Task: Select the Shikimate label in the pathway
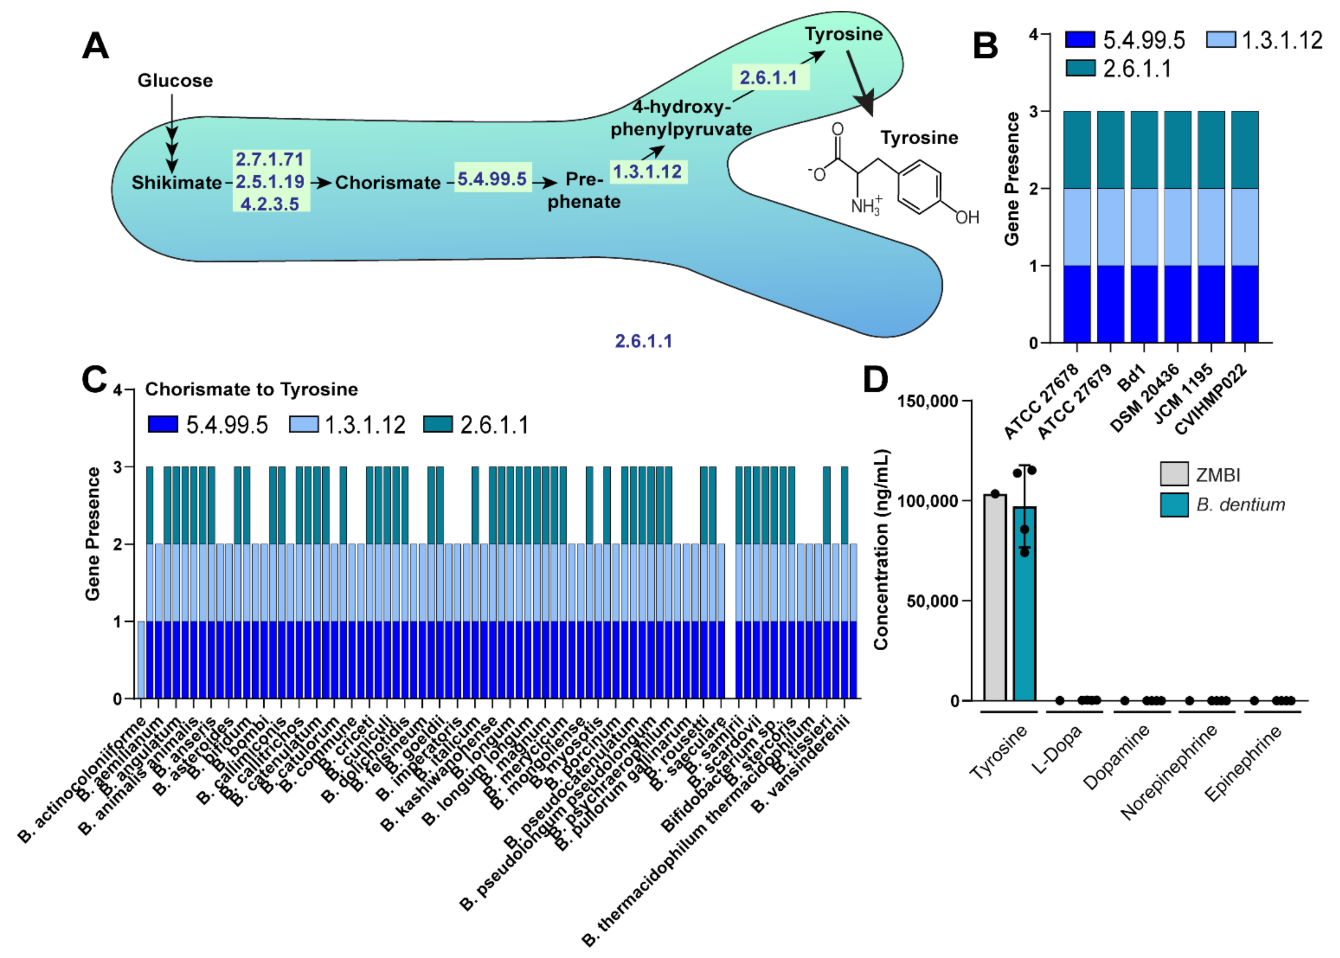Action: click(x=176, y=182)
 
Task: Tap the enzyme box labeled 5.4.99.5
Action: click(x=493, y=178)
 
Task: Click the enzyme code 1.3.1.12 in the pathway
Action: click(x=648, y=172)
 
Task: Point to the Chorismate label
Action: click(x=387, y=182)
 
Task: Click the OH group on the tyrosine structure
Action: click(x=967, y=218)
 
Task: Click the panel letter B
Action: click(x=985, y=46)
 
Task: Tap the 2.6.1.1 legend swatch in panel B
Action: click(x=1081, y=69)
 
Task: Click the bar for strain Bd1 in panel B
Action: click(x=1144, y=227)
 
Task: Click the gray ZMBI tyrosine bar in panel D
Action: click(x=995, y=597)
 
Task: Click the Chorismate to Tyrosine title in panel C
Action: click(x=251, y=389)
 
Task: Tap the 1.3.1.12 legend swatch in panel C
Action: click(x=304, y=424)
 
